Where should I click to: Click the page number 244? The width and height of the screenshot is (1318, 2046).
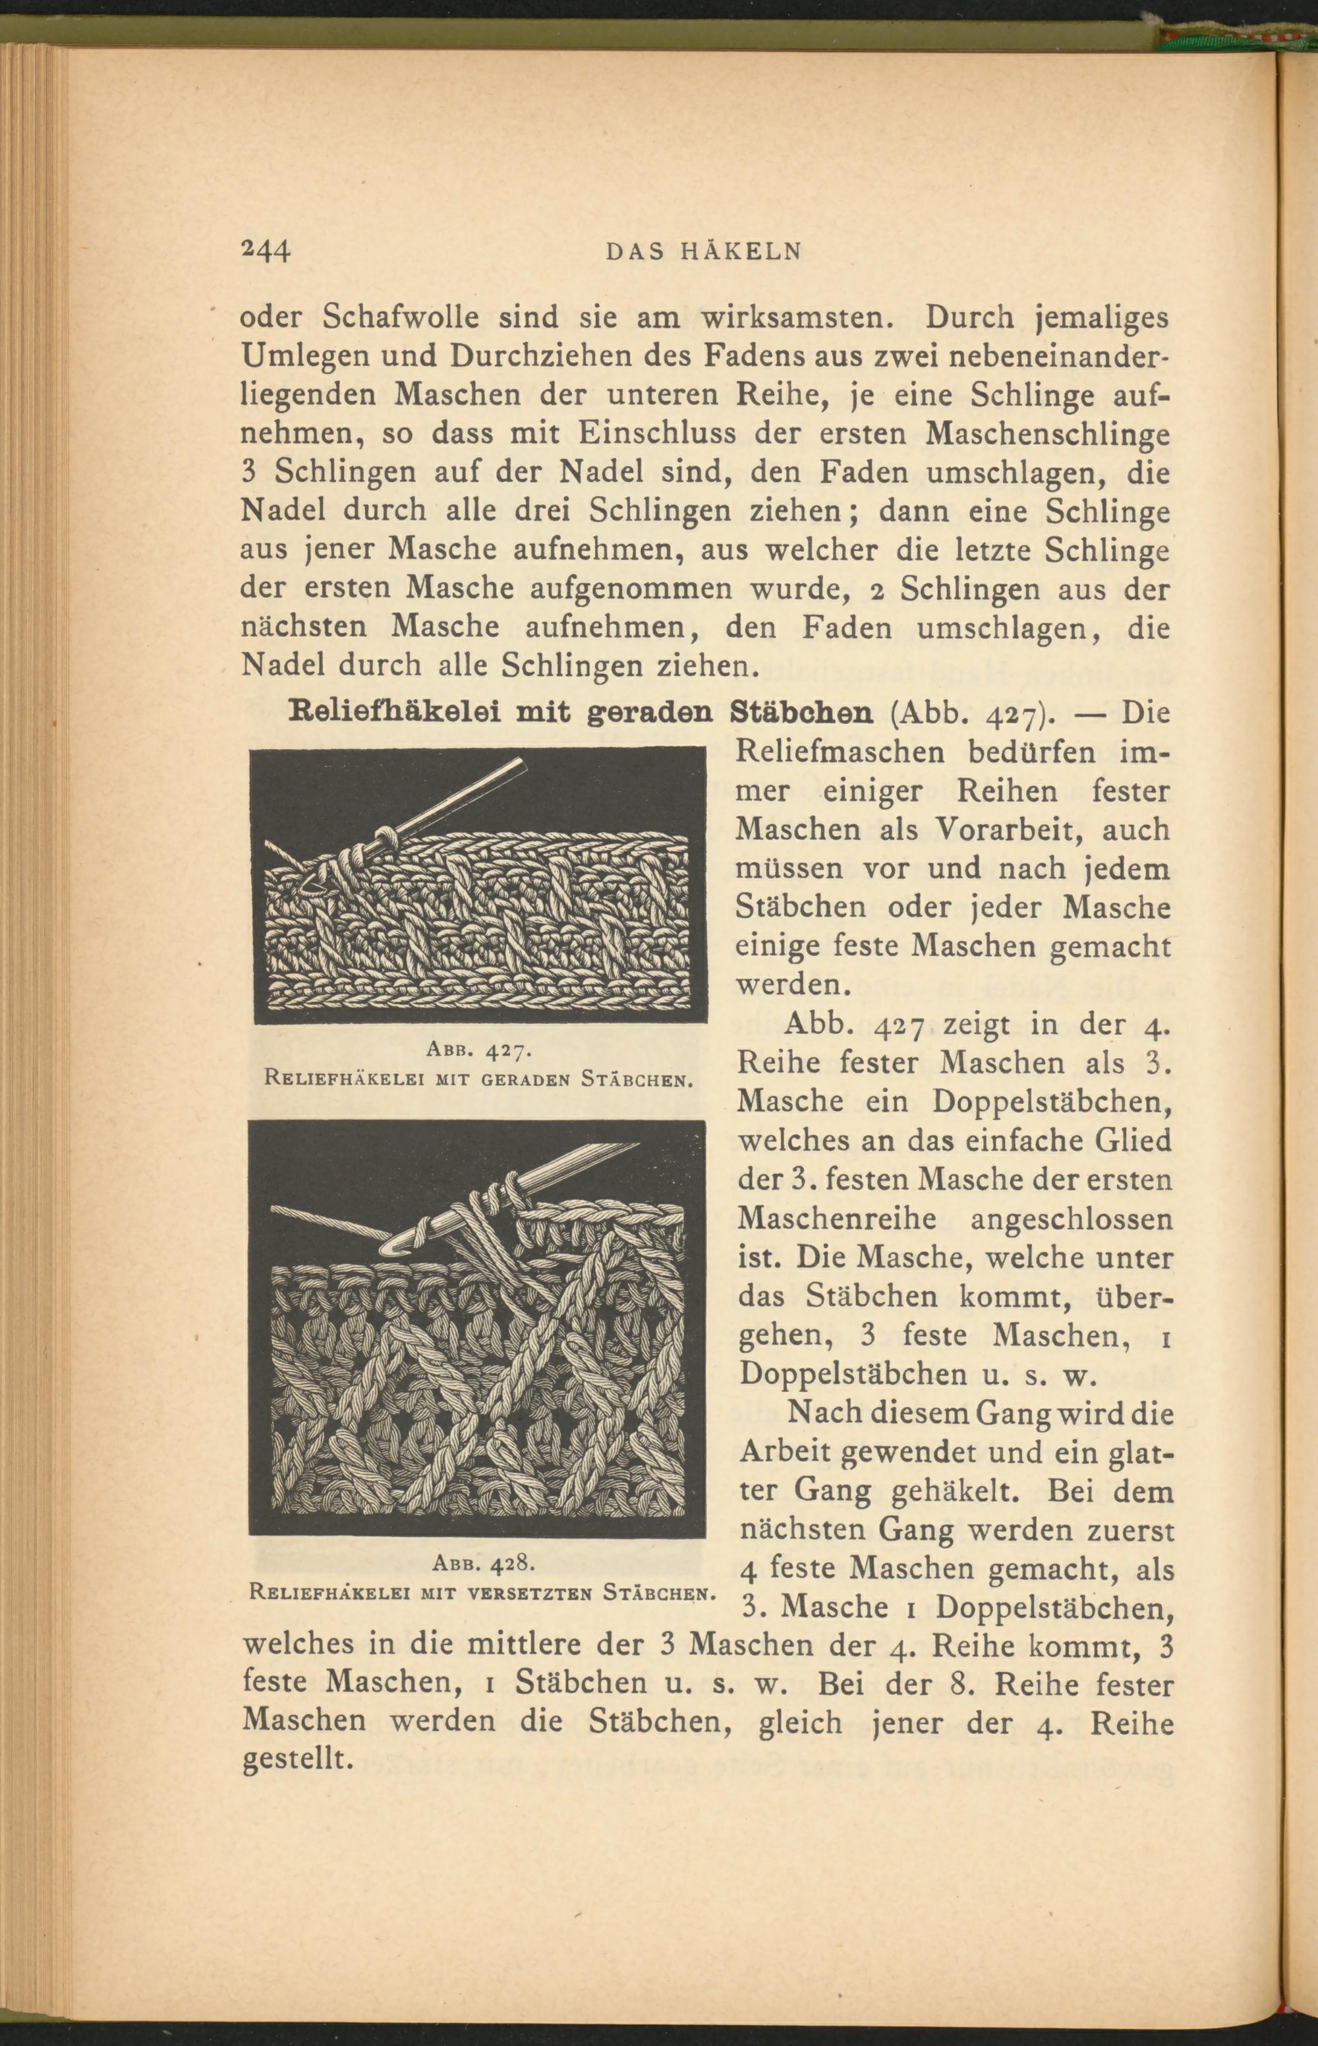coord(266,249)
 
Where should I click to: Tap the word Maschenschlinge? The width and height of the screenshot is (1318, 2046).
coord(1048,434)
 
